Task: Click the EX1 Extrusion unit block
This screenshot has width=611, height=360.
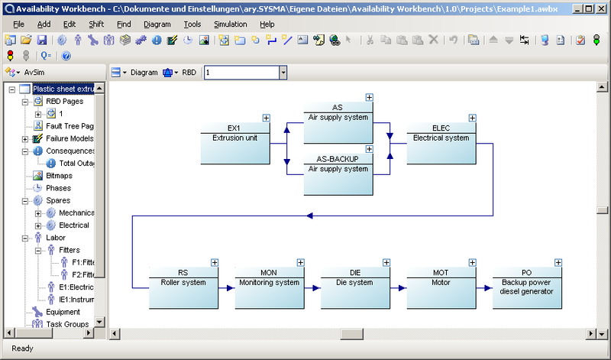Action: point(235,144)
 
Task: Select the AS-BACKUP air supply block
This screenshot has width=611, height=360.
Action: point(338,174)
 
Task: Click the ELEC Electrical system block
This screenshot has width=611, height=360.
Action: point(441,144)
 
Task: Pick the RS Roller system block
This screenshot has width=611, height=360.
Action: point(183,288)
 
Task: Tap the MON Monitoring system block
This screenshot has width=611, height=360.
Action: point(270,288)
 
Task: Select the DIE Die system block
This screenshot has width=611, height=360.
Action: point(355,288)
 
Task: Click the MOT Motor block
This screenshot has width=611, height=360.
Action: point(441,288)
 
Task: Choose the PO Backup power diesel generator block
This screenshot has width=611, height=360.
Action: point(527,288)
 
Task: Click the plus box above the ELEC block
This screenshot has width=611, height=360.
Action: point(472,118)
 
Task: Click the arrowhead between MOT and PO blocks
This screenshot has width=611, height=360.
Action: point(488,288)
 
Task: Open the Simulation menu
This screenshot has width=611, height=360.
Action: point(231,24)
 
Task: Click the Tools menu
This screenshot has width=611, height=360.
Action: point(192,24)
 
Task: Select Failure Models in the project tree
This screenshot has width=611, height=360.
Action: point(70,138)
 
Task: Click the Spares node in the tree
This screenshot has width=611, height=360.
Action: point(58,200)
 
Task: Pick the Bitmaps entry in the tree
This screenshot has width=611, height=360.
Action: point(60,176)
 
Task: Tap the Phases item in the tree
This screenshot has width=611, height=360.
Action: point(59,188)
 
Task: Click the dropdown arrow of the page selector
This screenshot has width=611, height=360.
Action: point(283,73)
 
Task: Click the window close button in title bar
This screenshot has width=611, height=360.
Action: point(601,8)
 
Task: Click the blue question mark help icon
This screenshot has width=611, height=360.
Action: point(66,56)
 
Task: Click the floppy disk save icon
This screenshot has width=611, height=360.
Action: point(42,40)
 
